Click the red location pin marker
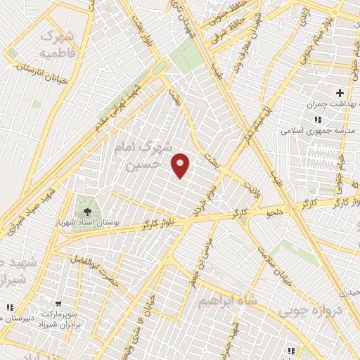click(x=181, y=166)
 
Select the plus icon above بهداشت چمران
click(x=340, y=93)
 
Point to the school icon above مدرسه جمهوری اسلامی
click(x=319, y=120)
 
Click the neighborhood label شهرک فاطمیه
click(x=61, y=44)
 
